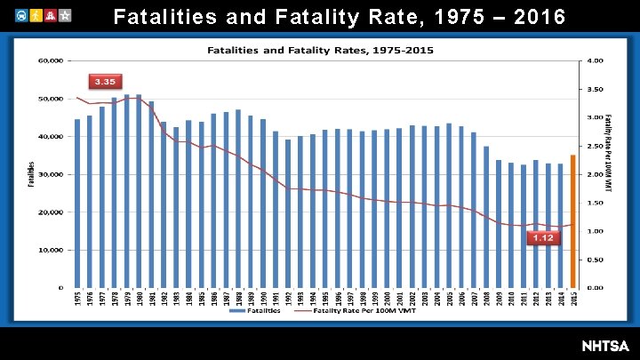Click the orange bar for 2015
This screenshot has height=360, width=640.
[573, 220]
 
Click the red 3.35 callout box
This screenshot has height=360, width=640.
[105, 81]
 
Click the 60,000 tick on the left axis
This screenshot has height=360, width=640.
[50, 60]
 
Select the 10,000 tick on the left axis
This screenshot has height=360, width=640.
[50, 250]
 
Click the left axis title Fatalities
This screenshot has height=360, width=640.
[31, 174]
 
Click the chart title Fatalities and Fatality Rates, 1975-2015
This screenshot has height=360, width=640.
[321, 49]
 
